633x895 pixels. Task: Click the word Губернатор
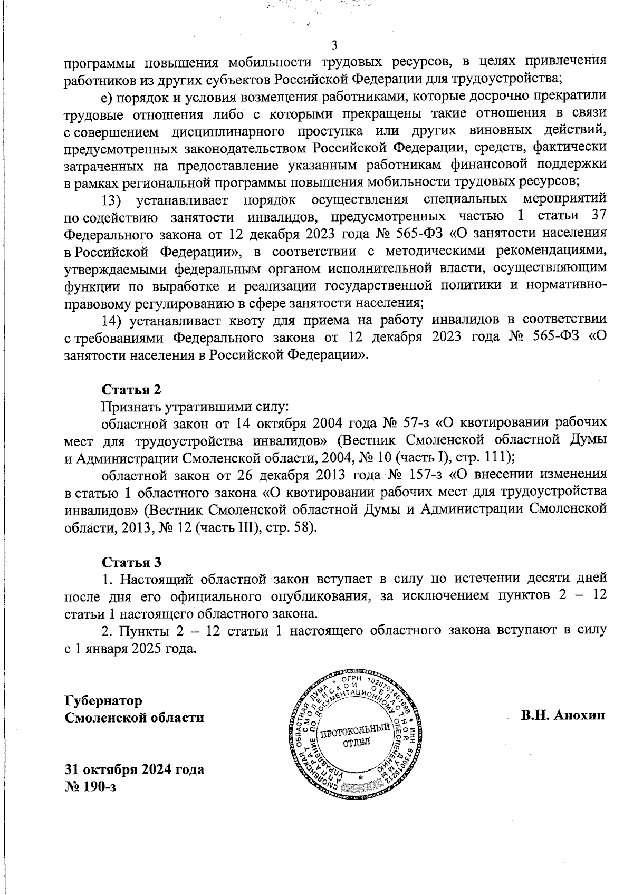click(x=103, y=700)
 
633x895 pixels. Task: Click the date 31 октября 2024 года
click(x=134, y=769)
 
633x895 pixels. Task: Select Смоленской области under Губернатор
click(x=134, y=718)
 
